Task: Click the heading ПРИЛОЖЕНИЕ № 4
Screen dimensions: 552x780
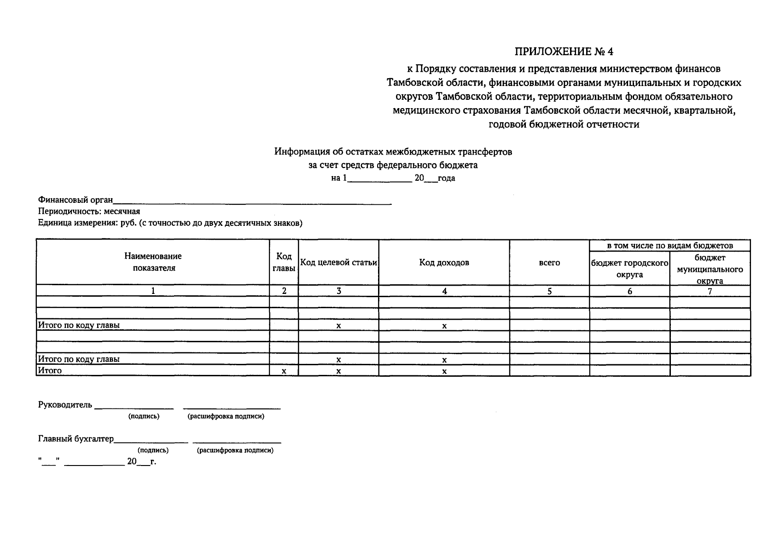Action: (564, 51)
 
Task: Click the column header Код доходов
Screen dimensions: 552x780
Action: (444, 263)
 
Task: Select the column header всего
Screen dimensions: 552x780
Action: (549, 263)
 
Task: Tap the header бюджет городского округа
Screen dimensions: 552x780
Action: (629, 269)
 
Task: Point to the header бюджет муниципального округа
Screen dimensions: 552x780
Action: (710, 269)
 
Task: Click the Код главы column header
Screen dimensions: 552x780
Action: (284, 262)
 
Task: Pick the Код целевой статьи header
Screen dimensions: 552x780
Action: (338, 263)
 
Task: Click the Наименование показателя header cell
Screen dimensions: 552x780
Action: (153, 262)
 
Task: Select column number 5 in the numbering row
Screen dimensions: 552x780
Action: (549, 291)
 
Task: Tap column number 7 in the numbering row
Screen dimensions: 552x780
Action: (710, 291)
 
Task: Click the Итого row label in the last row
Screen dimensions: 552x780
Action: (50, 371)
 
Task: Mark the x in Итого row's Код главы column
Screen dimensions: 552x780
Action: (284, 371)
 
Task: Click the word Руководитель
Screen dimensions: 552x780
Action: (65, 405)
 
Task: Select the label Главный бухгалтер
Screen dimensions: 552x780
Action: (76, 439)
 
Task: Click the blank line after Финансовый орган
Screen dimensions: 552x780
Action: (252, 201)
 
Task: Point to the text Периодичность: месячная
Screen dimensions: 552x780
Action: (89, 212)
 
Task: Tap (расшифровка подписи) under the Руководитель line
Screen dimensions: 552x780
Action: (226, 416)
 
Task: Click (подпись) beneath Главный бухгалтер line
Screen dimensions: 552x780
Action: (153, 450)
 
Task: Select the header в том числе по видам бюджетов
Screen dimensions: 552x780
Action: (669, 246)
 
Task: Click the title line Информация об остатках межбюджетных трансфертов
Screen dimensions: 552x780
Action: (393, 151)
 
